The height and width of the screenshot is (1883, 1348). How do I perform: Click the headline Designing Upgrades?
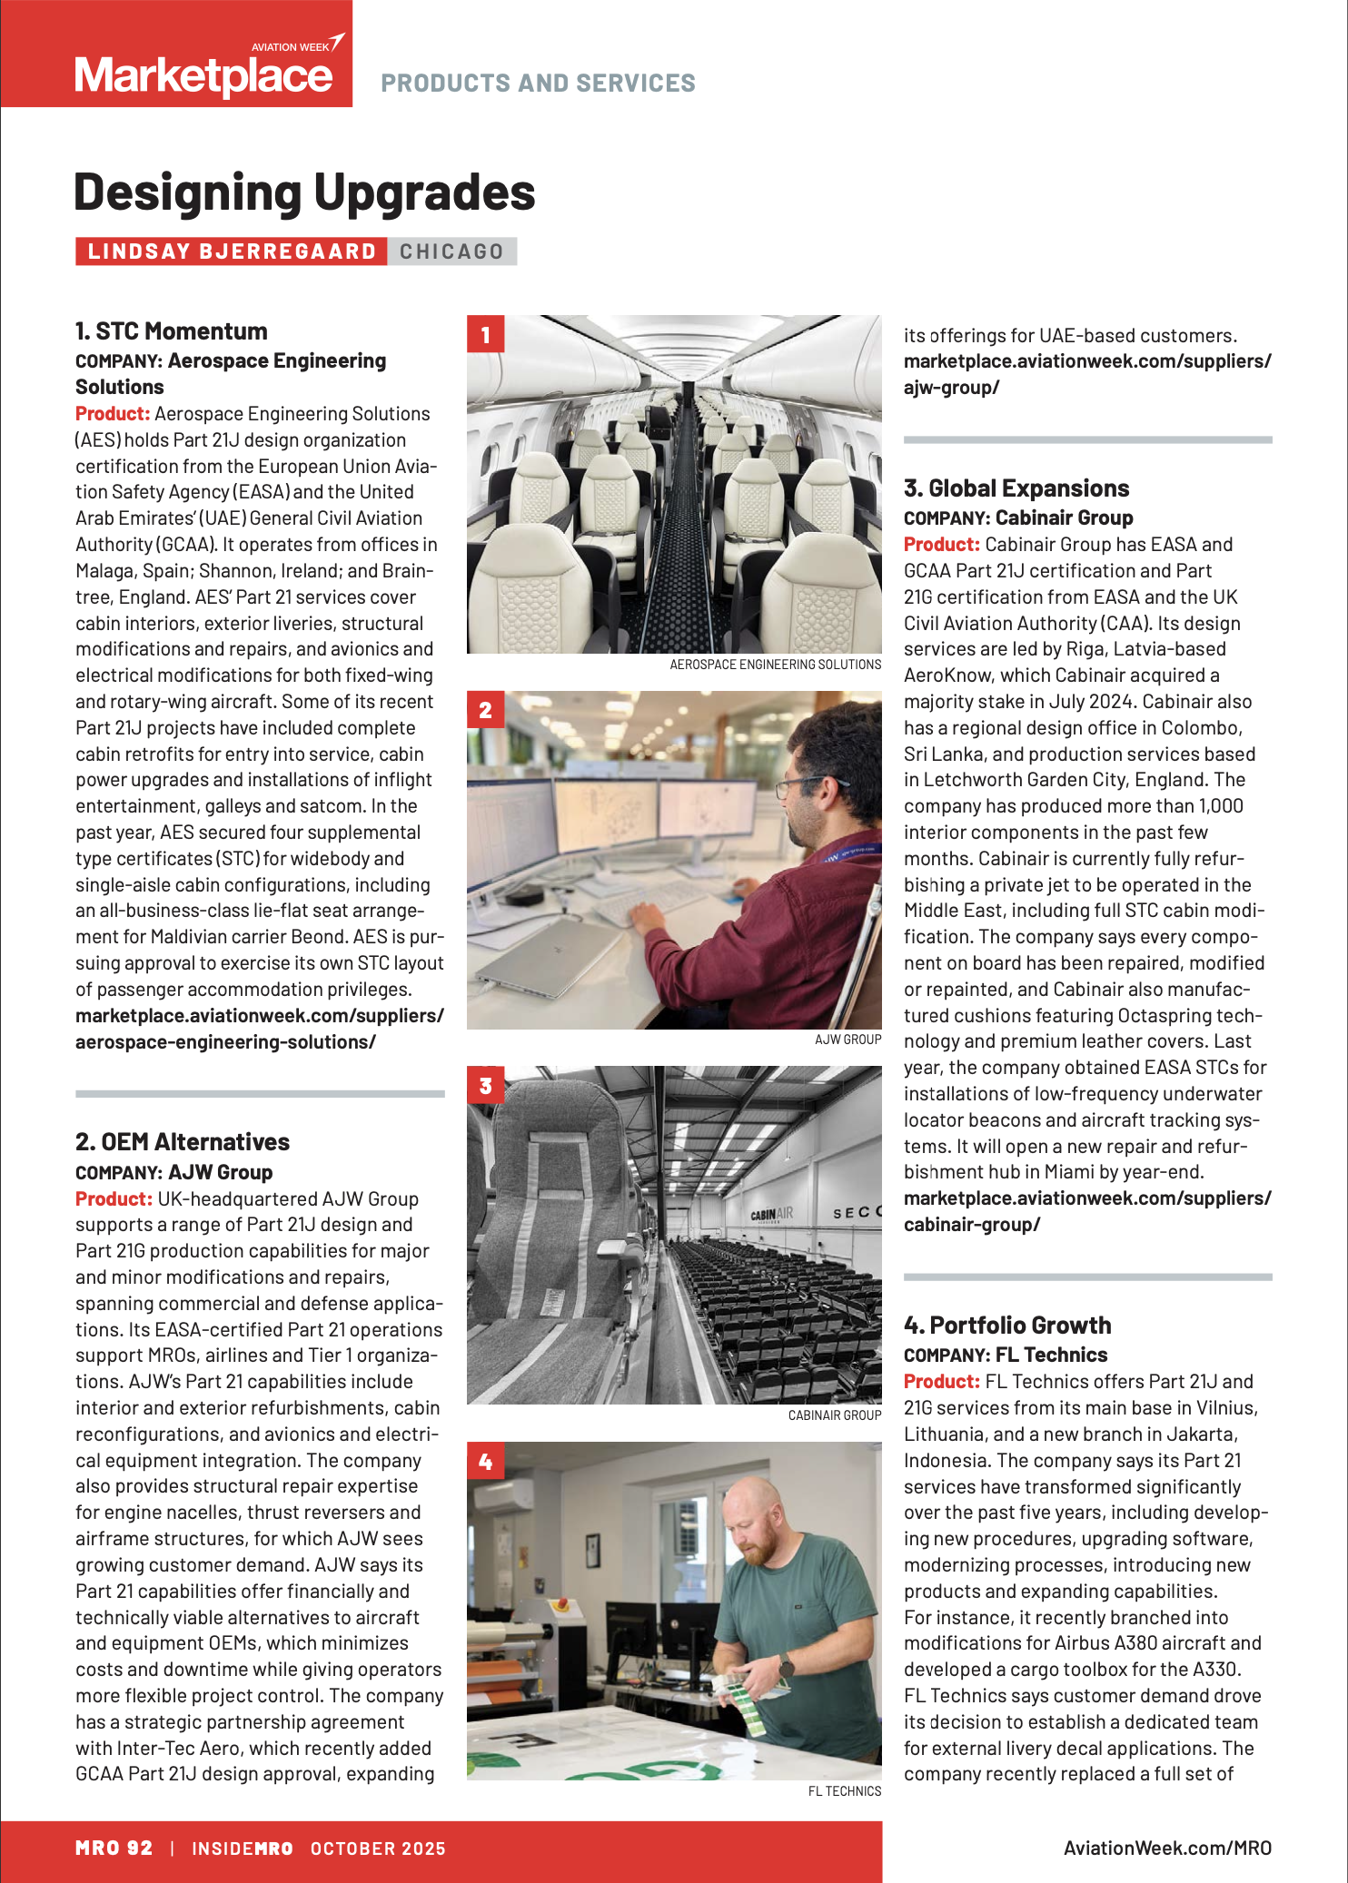coord(304,192)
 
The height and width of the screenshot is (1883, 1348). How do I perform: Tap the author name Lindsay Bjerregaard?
coord(232,251)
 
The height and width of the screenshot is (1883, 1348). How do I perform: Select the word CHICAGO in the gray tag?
coord(451,251)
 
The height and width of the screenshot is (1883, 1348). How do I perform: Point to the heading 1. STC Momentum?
coord(172,331)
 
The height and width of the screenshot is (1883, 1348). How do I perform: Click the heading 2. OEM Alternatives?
coord(183,1142)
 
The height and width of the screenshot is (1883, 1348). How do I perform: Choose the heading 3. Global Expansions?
coord(1016,488)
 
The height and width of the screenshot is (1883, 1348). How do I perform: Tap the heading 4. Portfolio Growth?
coord(1007,1326)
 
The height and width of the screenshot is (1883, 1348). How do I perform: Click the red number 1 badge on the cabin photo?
coord(485,334)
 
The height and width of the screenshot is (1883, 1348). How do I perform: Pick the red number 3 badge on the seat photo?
coord(485,1085)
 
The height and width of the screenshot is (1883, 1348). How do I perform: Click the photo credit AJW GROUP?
coord(847,1040)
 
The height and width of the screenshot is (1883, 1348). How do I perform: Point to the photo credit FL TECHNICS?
coord(845,1791)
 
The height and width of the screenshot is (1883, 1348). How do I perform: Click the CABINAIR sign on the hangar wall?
coord(771,1213)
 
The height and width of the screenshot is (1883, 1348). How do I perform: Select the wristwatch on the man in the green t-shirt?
coord(787,1666)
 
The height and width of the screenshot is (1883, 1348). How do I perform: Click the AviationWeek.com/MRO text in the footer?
coord(1167,1848)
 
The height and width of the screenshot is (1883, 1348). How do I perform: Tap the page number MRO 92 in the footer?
coord(114,1848)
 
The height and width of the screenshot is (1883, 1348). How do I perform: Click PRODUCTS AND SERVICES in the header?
coord(538,84)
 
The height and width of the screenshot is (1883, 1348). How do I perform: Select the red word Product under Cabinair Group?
coord(941,545)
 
